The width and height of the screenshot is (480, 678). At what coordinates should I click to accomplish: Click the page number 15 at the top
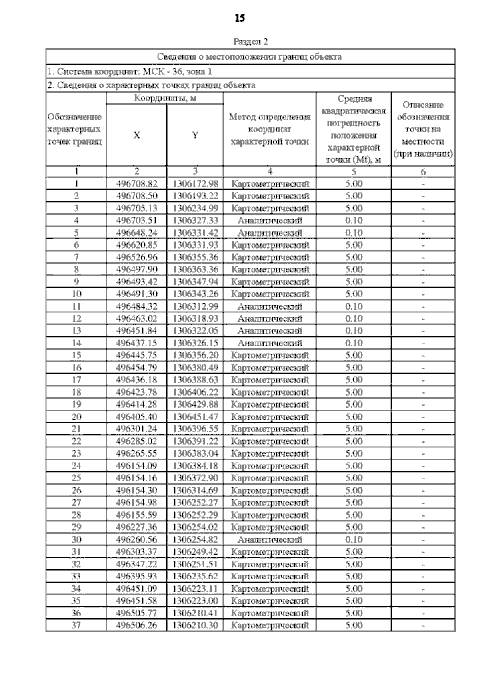coord(240,18)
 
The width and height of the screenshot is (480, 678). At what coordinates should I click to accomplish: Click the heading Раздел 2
coord(250,42)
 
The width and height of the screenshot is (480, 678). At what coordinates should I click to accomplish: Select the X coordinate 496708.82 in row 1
coord(136,184)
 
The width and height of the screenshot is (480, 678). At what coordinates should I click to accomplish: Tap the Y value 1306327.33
coord(195,221)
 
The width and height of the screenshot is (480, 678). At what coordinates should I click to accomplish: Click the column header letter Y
coord(195,135)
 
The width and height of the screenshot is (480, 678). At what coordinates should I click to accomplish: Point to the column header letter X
coord(136,135)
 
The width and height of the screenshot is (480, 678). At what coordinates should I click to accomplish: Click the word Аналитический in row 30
coord(270,540)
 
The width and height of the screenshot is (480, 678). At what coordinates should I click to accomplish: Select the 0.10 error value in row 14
coord(354,343)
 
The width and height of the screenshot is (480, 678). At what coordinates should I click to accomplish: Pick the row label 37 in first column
coord(76,625)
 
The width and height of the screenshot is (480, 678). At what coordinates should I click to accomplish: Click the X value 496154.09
coord(136,466)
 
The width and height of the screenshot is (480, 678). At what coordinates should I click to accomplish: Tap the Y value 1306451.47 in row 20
coord(195,417)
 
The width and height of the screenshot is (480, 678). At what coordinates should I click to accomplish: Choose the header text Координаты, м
coord(165,98)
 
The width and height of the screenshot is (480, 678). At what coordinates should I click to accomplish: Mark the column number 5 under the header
coord(354,172)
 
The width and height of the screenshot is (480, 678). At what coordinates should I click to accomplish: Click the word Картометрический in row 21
coord(270,429)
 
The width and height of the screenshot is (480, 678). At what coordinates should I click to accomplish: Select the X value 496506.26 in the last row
coord(136,625)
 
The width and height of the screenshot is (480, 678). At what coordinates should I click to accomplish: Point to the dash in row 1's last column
coord(423,184)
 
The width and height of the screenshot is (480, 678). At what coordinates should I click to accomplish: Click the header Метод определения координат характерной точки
coord(270,129)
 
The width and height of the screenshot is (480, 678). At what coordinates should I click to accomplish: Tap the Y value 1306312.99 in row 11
coord(195,306)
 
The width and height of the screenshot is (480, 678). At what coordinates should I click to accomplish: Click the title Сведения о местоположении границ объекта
coord(250,56)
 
